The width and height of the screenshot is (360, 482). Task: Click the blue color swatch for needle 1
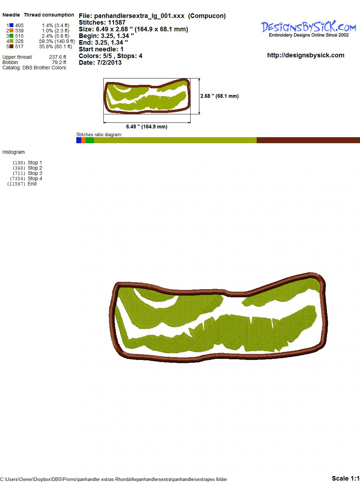click(12, 25)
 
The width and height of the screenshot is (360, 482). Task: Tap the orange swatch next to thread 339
click(12, 31)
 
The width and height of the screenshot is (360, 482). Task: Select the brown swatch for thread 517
click(12, 46)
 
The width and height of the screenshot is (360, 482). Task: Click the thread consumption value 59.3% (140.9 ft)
click(57, 41)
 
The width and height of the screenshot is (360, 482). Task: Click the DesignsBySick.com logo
click(309, 29)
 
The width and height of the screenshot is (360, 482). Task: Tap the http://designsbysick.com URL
click(306, 55)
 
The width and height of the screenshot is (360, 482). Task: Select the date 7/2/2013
click(109, 63)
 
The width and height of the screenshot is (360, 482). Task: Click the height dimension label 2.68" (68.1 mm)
click(219, 96)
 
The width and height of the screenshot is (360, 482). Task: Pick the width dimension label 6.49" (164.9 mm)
click(147, 127)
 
